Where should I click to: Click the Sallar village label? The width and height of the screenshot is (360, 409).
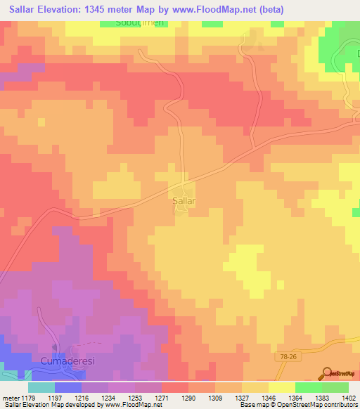tap(183, 200)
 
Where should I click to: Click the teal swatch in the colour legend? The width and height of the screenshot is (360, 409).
tap(41, 387)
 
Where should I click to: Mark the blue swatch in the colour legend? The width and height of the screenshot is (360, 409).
tap(68, 387)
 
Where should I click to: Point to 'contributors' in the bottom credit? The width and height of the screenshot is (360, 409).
tap(340, 405)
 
